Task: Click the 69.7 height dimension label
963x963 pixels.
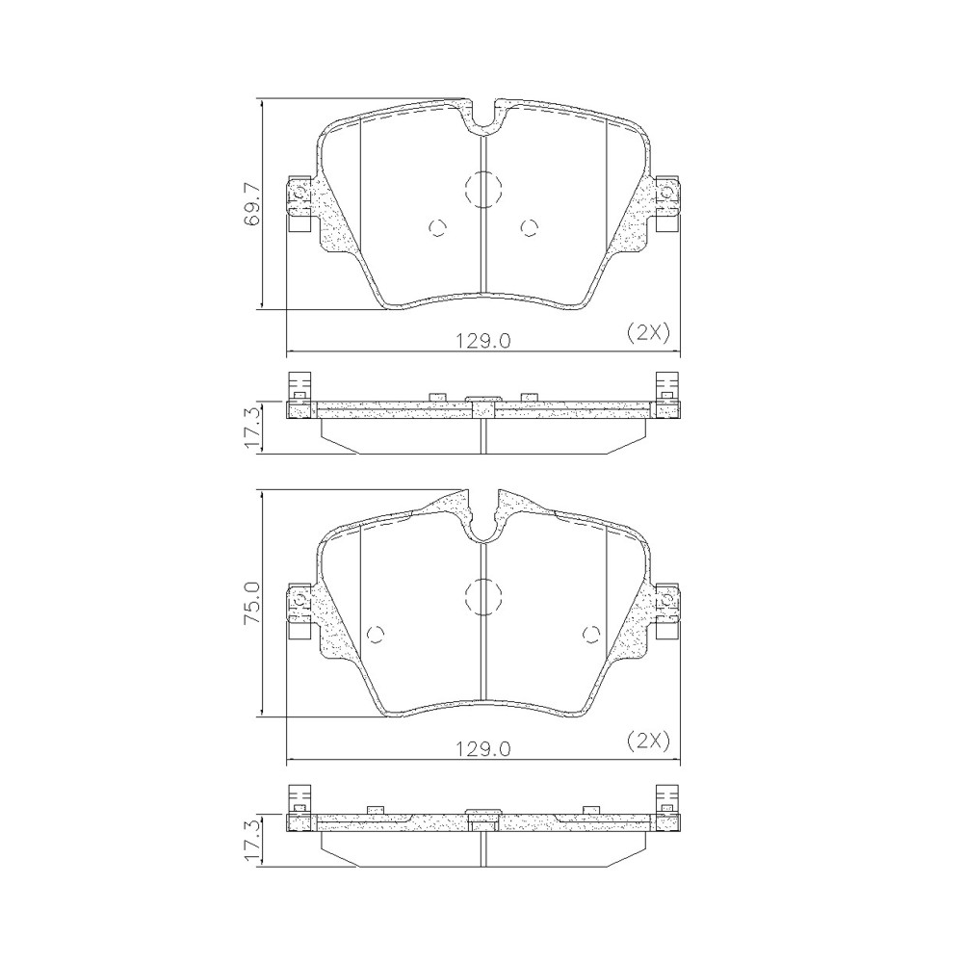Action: point(251,204)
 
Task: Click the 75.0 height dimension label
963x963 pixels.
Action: point(251,603)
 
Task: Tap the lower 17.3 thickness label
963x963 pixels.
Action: point(251,842)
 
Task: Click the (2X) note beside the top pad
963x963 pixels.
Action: point(647,332)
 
